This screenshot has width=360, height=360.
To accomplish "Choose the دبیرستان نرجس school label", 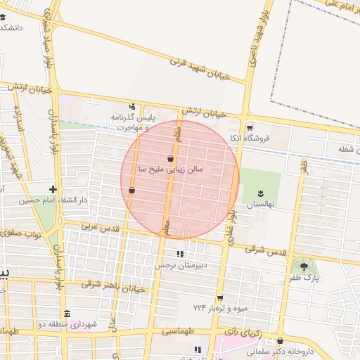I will [x=182, y=266].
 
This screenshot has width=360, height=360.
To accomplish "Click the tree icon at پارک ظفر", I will [x=304, y=266].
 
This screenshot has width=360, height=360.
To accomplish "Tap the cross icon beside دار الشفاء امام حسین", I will [x=53, y=188].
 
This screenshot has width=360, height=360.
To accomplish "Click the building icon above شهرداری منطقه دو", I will [x=67, y=314].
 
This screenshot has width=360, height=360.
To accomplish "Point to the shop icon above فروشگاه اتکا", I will [x=250, y=127].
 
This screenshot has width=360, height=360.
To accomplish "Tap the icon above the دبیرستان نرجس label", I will [x=180, y=254].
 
